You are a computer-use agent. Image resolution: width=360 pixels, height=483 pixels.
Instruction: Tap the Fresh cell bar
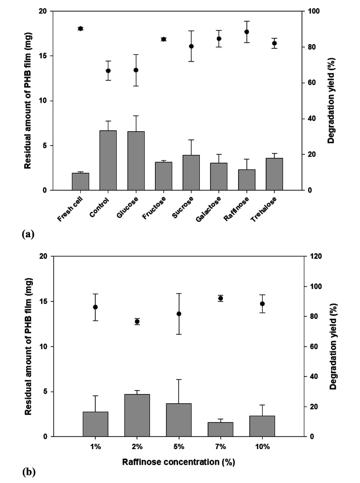[80, 181]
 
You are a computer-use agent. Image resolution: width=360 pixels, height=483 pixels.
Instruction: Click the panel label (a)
[28, 234]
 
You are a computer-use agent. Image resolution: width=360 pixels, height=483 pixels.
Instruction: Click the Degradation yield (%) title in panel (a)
[331, 101]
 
